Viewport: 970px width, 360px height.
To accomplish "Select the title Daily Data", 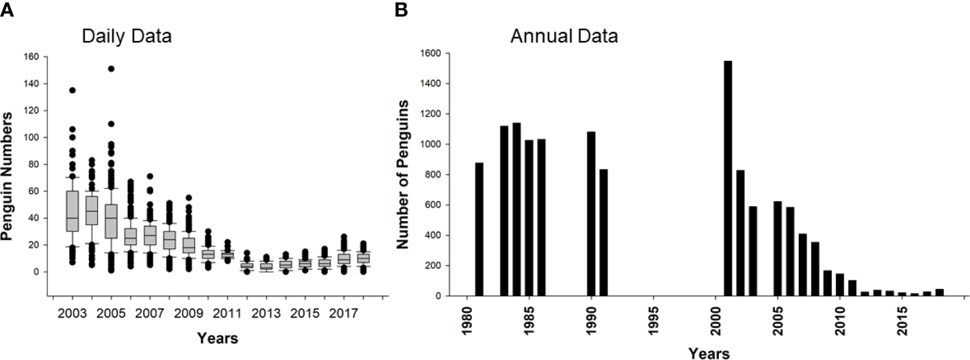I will coord(127,36).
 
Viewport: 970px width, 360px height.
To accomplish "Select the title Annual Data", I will coord(564,36).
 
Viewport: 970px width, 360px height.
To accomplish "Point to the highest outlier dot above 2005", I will coord(111,68).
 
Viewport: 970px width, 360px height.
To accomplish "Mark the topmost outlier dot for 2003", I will coord(72,90).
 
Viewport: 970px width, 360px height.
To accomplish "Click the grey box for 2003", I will coord(72,211).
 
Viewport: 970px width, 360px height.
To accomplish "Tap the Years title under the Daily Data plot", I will coord(218,337).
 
